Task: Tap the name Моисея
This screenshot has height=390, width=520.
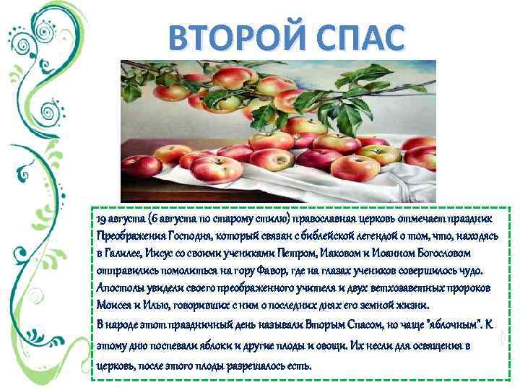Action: [116, 306]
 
